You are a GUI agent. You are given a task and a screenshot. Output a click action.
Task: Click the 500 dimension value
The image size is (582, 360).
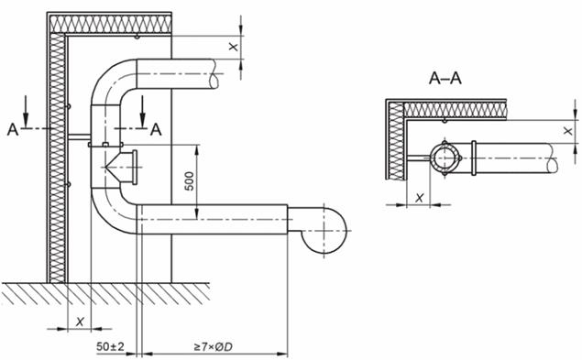coord(190,181)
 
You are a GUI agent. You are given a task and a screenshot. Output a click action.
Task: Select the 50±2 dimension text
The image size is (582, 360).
coord(110,346)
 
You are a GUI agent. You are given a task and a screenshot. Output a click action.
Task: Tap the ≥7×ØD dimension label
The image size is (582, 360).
coord(213,347)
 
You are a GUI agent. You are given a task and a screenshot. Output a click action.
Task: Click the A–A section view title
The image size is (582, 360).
coord(445,79)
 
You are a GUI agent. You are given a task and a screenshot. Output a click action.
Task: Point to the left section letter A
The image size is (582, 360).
coord(13,129)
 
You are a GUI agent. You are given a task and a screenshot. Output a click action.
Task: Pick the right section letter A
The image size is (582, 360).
coord(156,129)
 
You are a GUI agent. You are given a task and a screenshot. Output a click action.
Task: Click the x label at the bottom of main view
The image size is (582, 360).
coord(80,322)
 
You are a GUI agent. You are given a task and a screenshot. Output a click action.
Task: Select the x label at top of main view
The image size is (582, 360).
coord(233,47)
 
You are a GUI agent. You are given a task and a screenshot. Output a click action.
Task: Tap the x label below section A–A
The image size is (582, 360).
coord(419,198)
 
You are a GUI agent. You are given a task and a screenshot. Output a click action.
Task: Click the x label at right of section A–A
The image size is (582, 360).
coord(567,131)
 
